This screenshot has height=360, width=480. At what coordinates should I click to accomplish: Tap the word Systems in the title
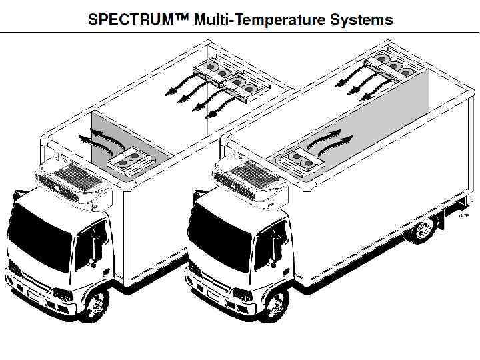coord(362,19)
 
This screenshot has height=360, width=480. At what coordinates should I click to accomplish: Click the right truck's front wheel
coord(276,304)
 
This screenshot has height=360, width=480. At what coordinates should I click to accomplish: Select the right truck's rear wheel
coord(422,229)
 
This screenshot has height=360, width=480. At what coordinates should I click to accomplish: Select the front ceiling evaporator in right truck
coord(302,159)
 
